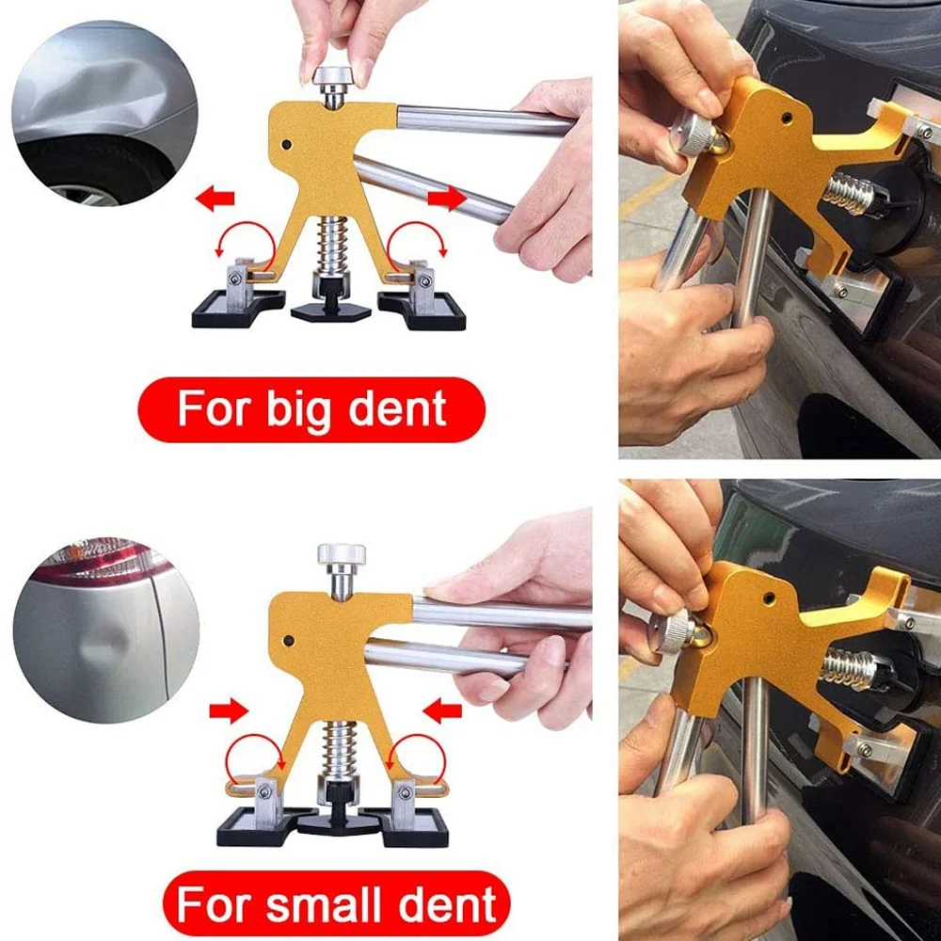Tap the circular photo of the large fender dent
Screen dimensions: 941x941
(104, 113)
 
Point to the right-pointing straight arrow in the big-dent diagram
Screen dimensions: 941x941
(447, 199)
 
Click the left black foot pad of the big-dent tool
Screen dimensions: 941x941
(237, 310)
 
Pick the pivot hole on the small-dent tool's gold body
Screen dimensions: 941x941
(290, 642)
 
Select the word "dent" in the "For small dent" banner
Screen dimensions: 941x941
(449, 905)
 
